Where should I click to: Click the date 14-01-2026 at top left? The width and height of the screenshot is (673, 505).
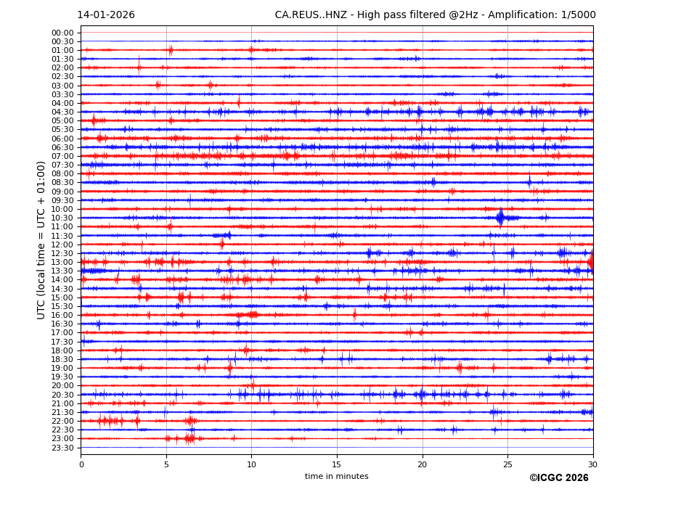[106, 15]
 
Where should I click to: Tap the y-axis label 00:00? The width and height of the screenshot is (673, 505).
[62, 33]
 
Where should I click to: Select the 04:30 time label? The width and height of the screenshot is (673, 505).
[62, 112]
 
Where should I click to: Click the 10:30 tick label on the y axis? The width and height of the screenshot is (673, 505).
[62, 218]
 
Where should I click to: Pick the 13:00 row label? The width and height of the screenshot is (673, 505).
[62, 262]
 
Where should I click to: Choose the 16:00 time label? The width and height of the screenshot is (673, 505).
[62, 315]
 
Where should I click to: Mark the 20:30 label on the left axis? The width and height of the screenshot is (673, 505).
[62, 395]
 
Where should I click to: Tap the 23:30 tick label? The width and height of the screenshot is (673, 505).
[62, 448]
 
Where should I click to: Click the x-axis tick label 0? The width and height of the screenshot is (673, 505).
[81, 464]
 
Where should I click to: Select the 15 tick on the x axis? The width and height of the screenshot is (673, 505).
[337, 464]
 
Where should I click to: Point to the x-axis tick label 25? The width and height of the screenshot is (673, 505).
[507, 464]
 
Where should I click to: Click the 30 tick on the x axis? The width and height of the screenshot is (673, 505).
[592, 464]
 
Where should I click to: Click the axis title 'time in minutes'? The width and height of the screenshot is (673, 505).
[336, 477]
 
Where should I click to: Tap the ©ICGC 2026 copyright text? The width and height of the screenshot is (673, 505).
[558, 478]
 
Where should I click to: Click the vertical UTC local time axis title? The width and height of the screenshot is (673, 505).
[42, 239]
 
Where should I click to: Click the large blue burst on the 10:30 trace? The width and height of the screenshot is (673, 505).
[501, 217]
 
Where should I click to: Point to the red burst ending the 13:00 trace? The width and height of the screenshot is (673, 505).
[590, 261]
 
